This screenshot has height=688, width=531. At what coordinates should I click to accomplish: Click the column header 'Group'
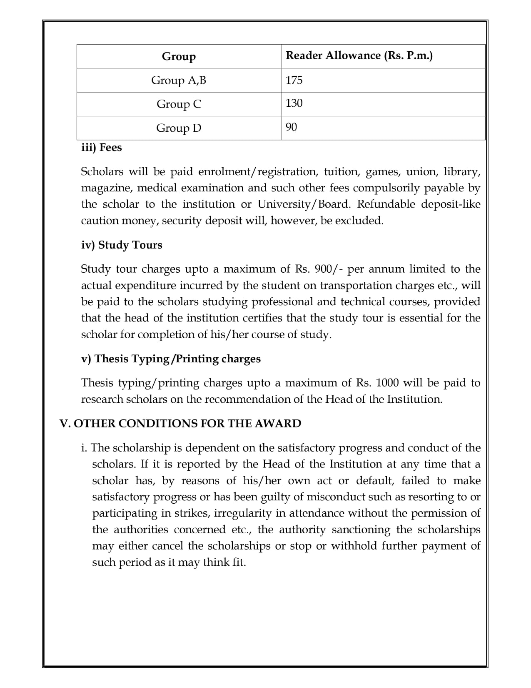click(179, 56)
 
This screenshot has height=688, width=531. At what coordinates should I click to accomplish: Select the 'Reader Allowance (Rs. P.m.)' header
click(359, 55)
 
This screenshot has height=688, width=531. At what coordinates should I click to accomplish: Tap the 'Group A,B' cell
click(179, 80)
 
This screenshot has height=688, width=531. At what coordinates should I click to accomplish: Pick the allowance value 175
click(294, 80)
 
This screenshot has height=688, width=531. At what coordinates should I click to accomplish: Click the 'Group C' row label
click(179, 104)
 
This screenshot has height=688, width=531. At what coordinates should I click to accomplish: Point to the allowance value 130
click(294, 103)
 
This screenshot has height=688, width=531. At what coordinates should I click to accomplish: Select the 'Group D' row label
click(179, 128)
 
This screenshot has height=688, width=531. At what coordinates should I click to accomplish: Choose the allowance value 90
click(292, 127)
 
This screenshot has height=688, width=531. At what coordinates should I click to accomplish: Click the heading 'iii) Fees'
click(101, 148)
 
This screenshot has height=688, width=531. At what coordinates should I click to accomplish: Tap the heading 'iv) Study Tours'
click(122, 245)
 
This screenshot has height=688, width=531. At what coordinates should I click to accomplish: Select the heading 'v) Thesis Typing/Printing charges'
click(171, 359)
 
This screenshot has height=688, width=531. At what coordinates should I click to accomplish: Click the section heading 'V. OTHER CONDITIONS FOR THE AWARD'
click(180, 423)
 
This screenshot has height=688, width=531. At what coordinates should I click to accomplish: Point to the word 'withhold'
click(354, 546)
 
